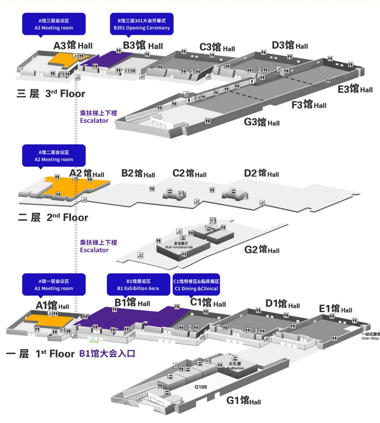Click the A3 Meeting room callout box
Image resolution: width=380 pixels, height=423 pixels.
coord(54,24)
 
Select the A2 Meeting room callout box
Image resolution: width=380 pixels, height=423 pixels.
coord(54,156)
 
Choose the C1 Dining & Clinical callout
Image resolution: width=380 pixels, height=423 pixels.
coord(196,284)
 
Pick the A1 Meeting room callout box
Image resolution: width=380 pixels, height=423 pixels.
coord(54,284)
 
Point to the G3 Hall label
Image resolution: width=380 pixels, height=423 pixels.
coord(261,121)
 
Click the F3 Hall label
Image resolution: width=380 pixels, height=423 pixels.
coord(308,104)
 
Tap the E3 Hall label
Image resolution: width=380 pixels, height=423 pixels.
coord(355,89)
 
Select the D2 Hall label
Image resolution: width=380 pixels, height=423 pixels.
coord(261,173)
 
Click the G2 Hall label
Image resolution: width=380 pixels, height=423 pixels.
coord(261,249)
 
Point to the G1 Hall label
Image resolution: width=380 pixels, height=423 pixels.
coord(243,400)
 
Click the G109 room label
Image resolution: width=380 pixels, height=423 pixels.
coord(201,387)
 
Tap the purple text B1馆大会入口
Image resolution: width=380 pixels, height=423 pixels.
coord(107,354)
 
